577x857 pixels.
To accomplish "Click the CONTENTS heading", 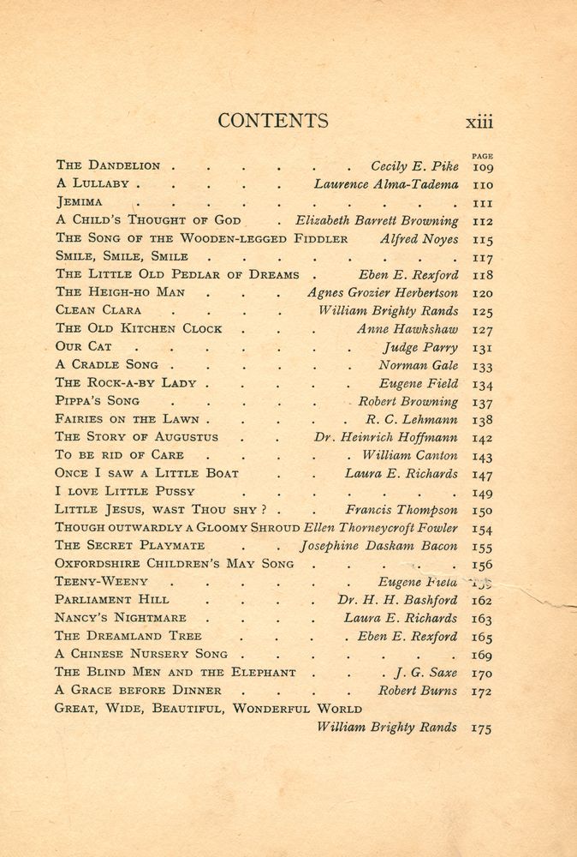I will (x=272, y=121).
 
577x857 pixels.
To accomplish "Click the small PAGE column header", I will (x=482, y=155).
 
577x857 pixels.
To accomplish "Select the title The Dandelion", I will (x=108, y=165).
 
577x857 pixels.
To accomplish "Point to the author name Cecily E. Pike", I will (x=414, y=166).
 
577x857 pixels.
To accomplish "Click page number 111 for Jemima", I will (x=482, y=202).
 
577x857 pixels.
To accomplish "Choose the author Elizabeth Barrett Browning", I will (x=377, y=220).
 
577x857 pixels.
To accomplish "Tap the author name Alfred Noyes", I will (x=419, y=239).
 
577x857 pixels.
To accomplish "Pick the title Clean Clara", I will (x=98, y=310).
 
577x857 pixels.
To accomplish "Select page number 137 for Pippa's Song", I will (x=482, y=402).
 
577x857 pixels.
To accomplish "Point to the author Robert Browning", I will (x=407, y=401).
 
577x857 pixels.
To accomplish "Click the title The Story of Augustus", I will (x=136, y=437).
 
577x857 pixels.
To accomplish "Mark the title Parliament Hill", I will (x=111, y=600).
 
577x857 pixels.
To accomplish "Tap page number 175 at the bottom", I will (x=482, y=728).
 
